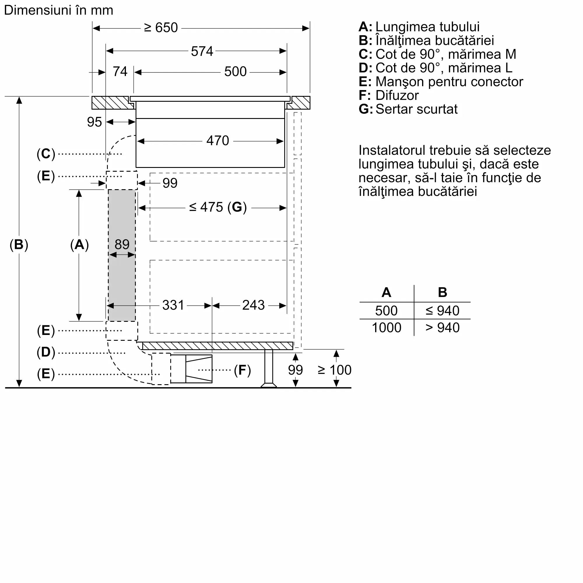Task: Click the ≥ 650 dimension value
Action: click(161, 28)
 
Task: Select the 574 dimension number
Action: click(202, 51)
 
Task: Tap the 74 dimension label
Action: click(120, 71)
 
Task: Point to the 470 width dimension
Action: click(217, 141)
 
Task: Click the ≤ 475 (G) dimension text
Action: click(218, 207)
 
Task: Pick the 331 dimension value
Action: click(173, 305)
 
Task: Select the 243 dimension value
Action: click(253, 305)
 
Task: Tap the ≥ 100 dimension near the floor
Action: click(334, 370)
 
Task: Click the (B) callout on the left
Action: click(19, 245)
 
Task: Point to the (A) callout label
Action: click(79, 245)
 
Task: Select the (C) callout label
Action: click(46, 154)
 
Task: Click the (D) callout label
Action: click(46, 352)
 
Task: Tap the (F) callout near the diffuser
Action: click(242, 370)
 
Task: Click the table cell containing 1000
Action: click(386, 328)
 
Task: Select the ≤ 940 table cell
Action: click(442, 310)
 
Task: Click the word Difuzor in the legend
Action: click(397, 95)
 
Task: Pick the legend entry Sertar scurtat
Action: click(416, 109)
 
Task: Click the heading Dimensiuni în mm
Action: click(59, 10)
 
